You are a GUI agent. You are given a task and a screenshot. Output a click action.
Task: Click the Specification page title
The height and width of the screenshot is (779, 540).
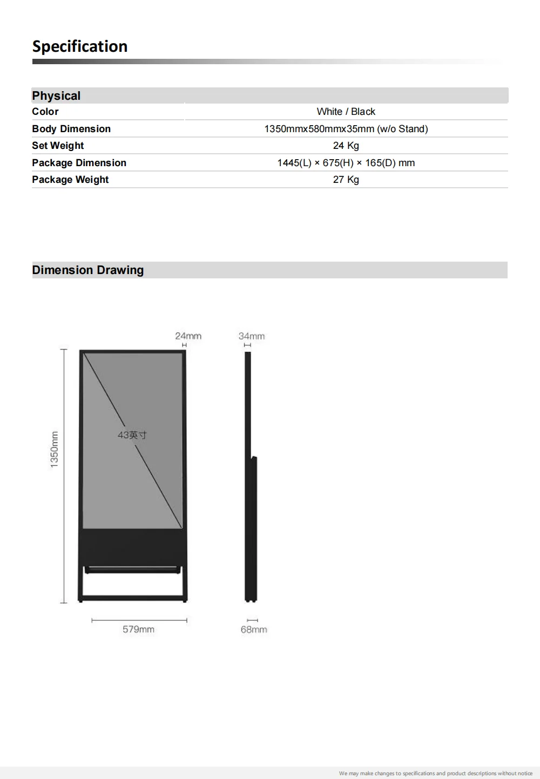80,47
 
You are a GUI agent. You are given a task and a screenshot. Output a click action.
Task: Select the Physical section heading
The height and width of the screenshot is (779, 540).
56,96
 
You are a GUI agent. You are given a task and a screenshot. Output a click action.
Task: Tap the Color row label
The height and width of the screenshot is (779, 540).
45,112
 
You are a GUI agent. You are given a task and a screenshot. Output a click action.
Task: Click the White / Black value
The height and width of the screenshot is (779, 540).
346,112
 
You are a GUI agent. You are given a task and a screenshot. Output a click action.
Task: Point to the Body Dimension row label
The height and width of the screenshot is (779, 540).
71,129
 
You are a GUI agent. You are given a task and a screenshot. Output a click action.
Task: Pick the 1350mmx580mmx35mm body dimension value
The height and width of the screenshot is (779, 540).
346,129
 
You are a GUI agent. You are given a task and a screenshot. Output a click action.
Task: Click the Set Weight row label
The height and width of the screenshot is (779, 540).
58,146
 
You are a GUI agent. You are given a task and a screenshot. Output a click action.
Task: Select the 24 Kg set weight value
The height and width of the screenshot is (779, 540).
346,146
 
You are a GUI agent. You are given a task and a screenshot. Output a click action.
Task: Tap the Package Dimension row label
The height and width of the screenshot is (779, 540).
79,163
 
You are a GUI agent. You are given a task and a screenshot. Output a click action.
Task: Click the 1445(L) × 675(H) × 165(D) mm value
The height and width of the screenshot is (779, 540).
346,163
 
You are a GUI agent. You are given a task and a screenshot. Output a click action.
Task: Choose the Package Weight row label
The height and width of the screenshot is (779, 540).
70,180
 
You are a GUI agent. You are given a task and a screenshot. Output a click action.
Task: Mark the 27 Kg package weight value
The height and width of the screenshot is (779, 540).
346,180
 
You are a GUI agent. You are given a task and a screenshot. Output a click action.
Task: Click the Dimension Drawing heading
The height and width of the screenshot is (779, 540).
88,270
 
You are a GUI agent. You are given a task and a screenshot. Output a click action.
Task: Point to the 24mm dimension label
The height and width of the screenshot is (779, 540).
188,336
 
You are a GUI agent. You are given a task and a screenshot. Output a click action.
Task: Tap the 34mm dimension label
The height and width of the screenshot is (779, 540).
252,336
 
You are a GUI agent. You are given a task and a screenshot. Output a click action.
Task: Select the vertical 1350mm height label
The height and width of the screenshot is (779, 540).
55,449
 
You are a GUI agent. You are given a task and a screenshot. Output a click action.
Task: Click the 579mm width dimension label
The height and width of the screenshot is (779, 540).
138,630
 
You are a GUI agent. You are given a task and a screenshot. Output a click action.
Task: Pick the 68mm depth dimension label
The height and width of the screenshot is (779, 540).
254,630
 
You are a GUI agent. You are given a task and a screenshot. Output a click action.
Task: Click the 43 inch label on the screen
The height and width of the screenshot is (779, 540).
132,435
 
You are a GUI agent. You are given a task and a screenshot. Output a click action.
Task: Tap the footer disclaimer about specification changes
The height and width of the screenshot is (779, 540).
435,774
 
